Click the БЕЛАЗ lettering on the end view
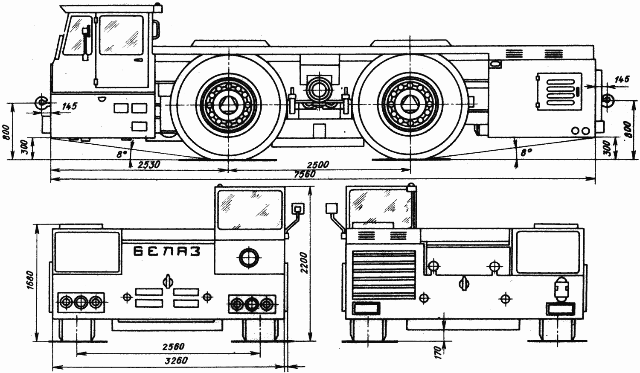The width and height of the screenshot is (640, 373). tap(167, 251)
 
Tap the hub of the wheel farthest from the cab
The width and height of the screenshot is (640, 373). tap(410, 105)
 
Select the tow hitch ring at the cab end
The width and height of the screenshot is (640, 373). tap(41, 102)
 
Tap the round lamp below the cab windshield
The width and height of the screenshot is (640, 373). tap(248, 257)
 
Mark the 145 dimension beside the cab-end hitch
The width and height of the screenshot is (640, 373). tap(69, 106)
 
